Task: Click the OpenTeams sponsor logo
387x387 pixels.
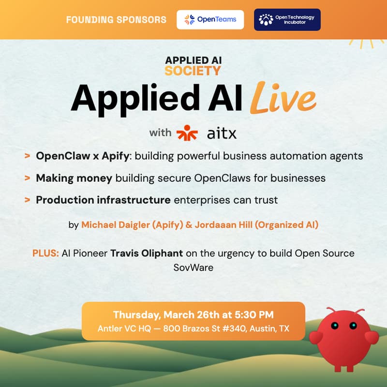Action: tap(210, 20)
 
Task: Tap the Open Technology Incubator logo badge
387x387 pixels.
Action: tap(287, 20)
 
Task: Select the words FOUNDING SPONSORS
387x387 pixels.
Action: tap(116, 20)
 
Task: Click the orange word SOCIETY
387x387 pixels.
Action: tap(193, 71)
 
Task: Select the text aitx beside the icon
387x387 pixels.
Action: tap(222, 133)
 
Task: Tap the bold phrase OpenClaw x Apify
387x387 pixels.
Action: tap(85, 156)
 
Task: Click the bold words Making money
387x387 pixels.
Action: tap(74, 178)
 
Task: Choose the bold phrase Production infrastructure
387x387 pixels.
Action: tap(103, 200)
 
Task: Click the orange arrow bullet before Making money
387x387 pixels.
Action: tap(28, 178)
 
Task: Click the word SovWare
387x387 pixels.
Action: tap(193, 267)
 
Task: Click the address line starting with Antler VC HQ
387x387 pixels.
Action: tap(193, 328)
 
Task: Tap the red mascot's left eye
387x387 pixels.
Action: tap(333, 326)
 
